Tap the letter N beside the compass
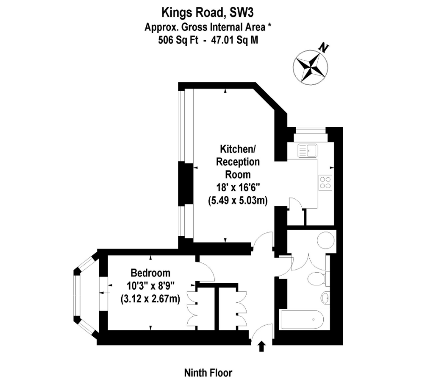point(323,47)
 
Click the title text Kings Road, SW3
point(208,10)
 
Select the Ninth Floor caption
point(208,373)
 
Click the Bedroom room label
point(150,273)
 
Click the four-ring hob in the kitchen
point(325,182)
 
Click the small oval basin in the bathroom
point(325,297)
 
